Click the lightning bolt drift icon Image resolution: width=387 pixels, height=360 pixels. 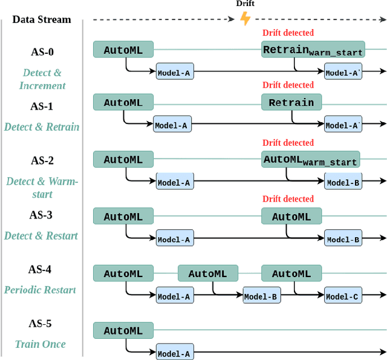pos(245,18)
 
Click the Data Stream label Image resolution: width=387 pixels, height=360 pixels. pos(42,19)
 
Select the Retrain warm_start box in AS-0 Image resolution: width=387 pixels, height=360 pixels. pos(313,50)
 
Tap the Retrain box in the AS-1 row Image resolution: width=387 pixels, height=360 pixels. pos(291,102)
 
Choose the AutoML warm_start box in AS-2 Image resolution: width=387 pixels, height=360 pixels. pos(310,160)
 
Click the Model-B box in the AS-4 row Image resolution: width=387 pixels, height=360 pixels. pos(261,296)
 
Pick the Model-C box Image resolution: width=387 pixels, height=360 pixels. pos(343,296)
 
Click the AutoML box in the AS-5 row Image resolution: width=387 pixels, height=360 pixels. pos(123,330)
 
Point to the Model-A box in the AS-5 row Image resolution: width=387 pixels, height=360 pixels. pos(174,353)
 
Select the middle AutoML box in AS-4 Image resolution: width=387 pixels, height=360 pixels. pos(207,273)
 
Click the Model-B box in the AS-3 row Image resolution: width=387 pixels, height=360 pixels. pos(343,240)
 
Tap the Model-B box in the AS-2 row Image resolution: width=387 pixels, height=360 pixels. pos(343,182)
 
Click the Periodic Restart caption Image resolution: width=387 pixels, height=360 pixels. pos(40,290)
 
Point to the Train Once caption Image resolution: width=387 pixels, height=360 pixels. pos(41,344)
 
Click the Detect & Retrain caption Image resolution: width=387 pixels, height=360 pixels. pos(42,127)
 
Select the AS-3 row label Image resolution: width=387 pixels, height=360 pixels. pos(42,215)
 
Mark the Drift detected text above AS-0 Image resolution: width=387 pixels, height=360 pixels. pos(288,33)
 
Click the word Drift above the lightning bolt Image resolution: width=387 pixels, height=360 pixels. pos(245,4)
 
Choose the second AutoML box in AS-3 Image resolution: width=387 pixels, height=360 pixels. pos(291,217)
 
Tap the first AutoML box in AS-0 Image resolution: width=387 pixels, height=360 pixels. pos(123,50)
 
